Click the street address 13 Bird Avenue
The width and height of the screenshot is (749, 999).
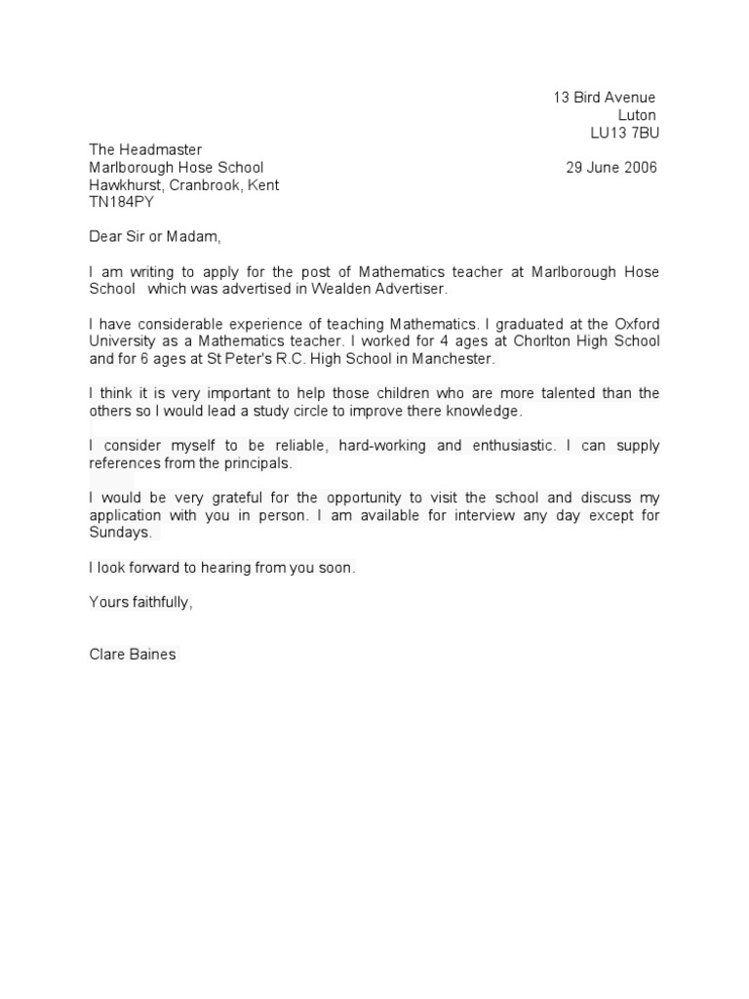[605, 98]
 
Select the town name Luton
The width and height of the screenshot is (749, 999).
[637, 115]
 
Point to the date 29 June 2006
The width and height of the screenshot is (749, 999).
[611, 168]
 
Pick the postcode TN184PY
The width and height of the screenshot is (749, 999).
[121, 203]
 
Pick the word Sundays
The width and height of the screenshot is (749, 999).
[120, 534]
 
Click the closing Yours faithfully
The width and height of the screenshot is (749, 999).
[140, 602]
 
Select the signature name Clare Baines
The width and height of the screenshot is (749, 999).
[133, 655]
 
